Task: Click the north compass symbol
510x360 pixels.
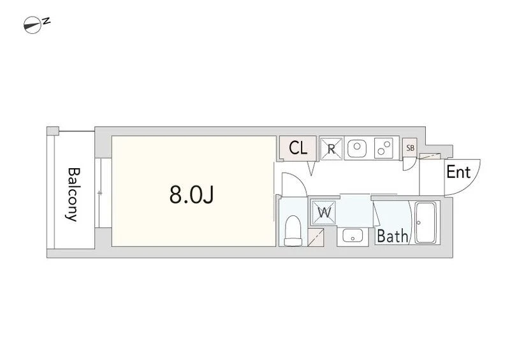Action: coord(33,25)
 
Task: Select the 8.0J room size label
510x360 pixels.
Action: coord(191,195)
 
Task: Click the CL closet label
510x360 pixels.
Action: coord(298,148)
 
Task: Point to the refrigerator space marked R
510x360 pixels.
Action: coord(331,149)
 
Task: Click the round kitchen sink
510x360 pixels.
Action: coord(357,148)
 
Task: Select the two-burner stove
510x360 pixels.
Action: coord(384,148)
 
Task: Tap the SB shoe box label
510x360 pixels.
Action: coord(410,148)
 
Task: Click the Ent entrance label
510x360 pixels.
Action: coord(458,172)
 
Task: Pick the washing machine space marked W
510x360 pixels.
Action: coord(324,213)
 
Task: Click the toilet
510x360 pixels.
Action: coord(293,231)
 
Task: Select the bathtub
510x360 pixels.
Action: coord(426,222)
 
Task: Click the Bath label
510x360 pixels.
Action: coord(392,236)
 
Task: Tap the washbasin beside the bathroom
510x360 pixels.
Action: coord(353,235)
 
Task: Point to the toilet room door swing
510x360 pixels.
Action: coord(293,185)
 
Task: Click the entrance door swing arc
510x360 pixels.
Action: coord(463,177)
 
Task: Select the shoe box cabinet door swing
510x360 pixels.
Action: coord(409,164)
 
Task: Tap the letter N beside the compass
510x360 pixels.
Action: coord(47,21)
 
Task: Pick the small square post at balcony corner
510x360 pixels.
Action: coord(53,131)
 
